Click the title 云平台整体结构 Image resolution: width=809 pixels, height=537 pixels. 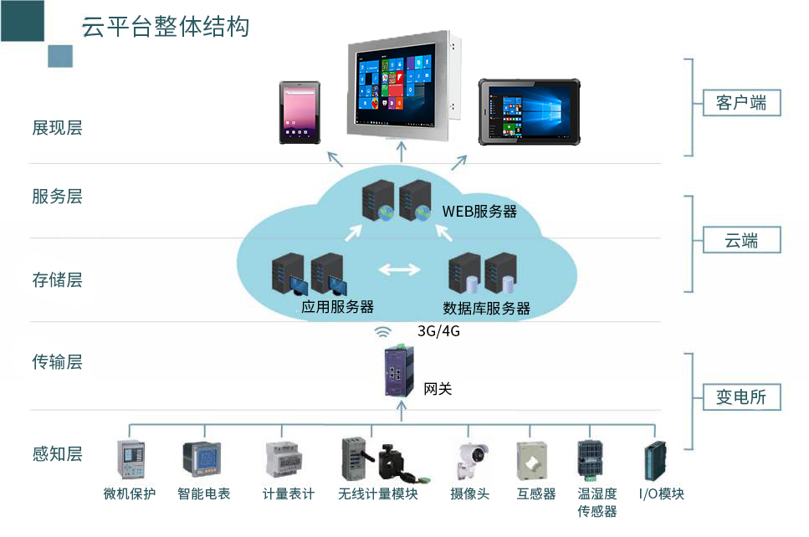pyautogui.click(x=165, y=26)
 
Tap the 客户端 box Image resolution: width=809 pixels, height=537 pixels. pyautogui.click(x=740, y=103)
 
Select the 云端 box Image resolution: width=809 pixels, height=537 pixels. pyautogui.click(x=740, y=241)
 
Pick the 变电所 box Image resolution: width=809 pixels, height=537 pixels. pyautogui.click(x=740, y=396)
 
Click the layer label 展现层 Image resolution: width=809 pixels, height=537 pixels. pyautogui.click(x=57, y=128)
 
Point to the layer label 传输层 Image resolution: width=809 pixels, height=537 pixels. pyautogui.click(x=57, y=362)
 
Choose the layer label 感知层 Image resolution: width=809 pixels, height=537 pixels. pyautogui.click(x=57, y=454)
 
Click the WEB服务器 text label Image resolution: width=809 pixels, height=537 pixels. pyautogui.click(x=479, y=212)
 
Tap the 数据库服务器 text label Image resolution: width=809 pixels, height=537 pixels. pyautogui.click(x=486, y=308)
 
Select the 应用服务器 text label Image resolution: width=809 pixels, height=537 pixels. pyautogui.click(x=337, y=307)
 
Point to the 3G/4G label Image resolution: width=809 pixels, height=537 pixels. pyautogui.click(x=439, y=330)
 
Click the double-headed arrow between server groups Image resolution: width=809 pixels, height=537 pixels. pyautogui.click(x=400, y=269)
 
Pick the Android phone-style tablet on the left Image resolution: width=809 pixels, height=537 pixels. pyautogui.click(x=300, y=111)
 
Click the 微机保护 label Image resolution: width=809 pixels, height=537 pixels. pyautogui.click(x=130, y=494)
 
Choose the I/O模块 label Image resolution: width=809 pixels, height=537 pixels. pyautogui.click(x=661, y=494)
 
